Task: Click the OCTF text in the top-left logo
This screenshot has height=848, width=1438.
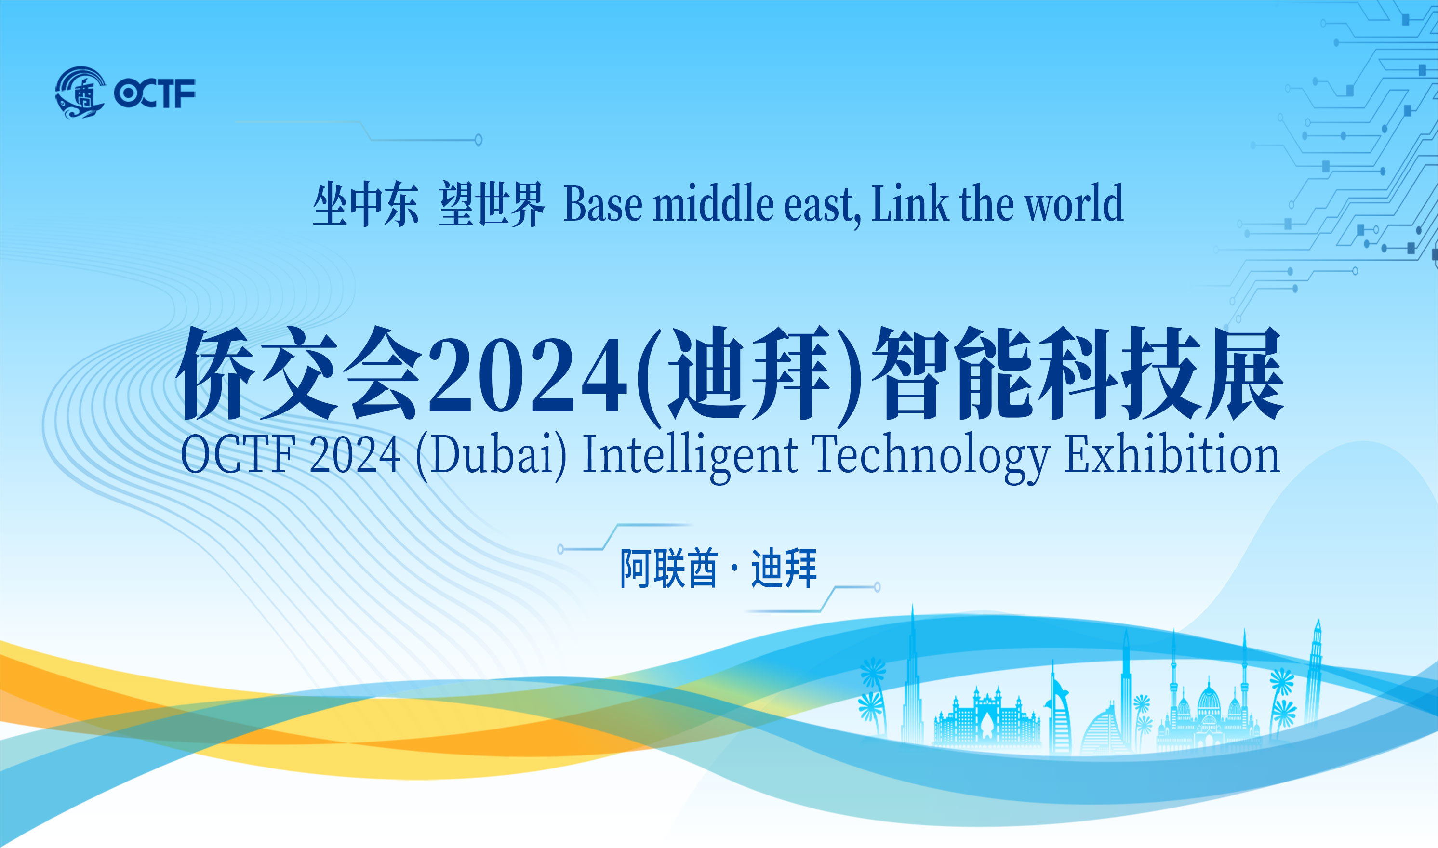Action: (x=154, y=93)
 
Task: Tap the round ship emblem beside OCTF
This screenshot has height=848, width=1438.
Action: (x=80, y=93)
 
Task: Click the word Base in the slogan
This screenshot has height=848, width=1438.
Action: (x=603, y=204)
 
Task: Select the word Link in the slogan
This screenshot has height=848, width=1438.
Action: (x=909, y=203)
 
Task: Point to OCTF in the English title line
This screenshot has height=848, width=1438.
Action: (x=238, y=455)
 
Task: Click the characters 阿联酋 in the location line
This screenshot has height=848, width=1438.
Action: (x=669, y=569)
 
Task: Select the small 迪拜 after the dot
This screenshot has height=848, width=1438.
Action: (x=784, y=569)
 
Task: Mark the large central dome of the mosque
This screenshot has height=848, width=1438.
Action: (x=1209, y=698)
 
